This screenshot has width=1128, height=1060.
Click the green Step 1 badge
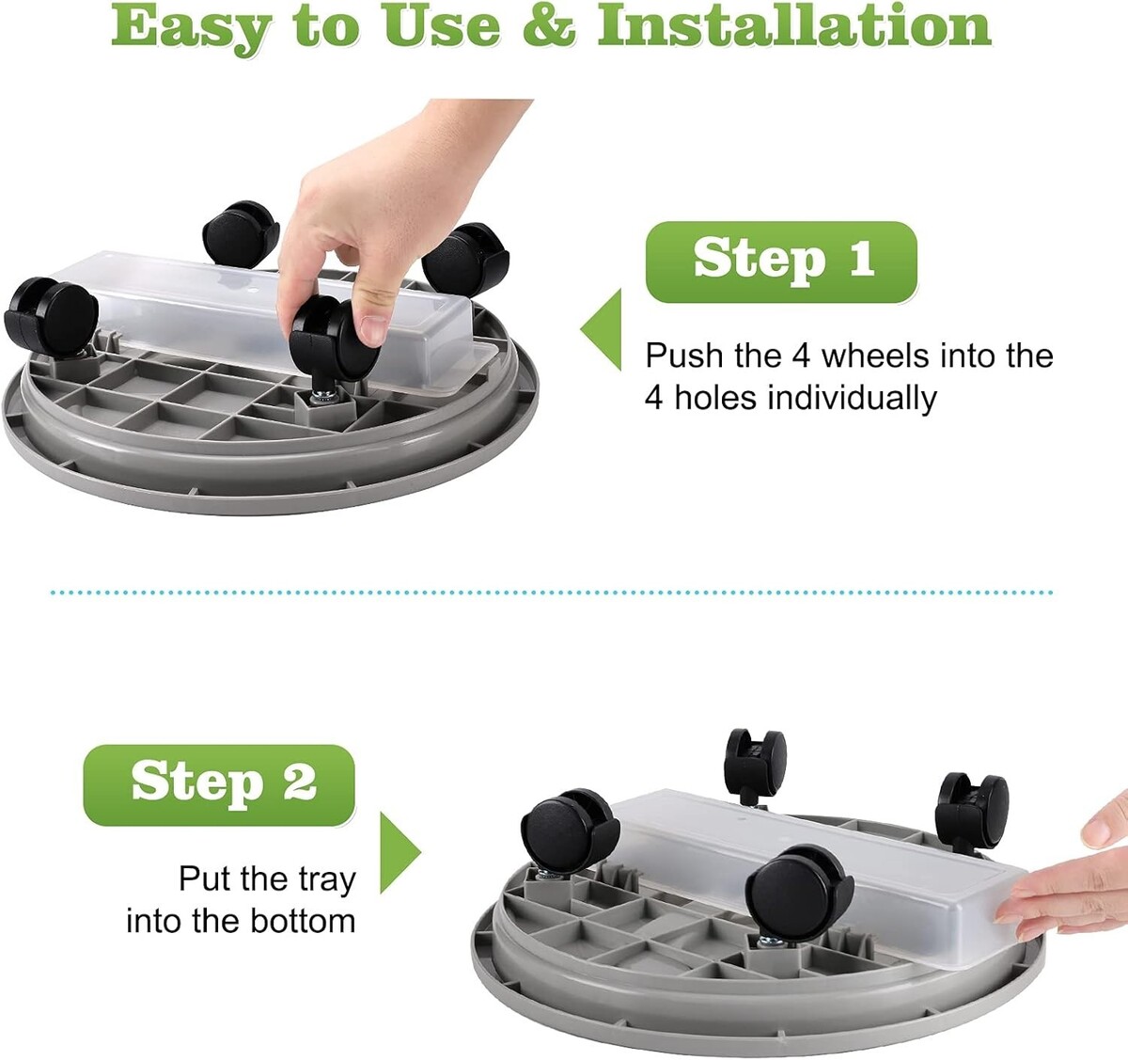click(x=781, y=261)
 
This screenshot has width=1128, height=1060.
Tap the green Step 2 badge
click(x=219, y=785)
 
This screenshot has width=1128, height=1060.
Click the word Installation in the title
click(x=794, y=26)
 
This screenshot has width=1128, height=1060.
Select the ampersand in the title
click(x=549, y=26)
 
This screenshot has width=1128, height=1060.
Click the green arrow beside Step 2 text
click(x=400, y=852)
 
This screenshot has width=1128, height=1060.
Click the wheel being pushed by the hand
click(x=333, y=339)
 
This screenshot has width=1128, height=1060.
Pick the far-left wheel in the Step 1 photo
click(x=51, y=316)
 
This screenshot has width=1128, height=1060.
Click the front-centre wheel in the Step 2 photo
click(x=799, y=893)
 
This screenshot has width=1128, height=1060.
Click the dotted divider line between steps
click(x=551, y=593)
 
